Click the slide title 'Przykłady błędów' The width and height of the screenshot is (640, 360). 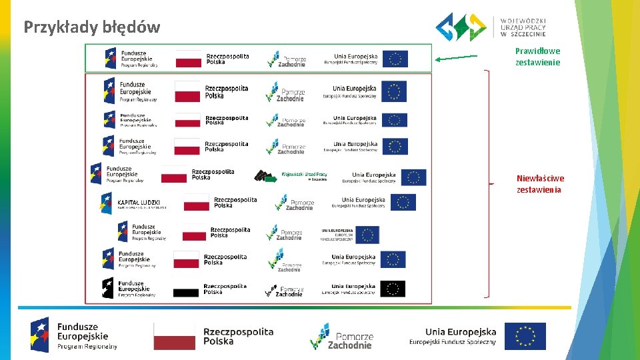92,27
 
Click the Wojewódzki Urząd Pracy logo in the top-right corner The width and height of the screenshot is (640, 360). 491,27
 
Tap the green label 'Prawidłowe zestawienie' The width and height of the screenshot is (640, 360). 537,57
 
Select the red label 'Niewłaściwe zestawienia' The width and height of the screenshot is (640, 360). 540,184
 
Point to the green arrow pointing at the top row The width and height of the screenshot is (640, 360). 456,57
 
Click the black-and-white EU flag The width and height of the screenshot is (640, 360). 393,289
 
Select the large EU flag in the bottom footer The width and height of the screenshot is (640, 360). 525,337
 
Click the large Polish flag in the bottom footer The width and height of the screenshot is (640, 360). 175,336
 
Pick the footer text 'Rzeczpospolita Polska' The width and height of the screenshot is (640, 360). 238,336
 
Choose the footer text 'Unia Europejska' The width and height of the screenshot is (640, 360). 461,332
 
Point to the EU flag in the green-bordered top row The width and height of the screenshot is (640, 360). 395,59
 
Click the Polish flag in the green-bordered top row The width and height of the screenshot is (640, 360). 189,59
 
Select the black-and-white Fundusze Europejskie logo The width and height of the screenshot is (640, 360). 129,288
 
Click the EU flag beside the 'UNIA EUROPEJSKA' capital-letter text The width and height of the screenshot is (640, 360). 367,235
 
